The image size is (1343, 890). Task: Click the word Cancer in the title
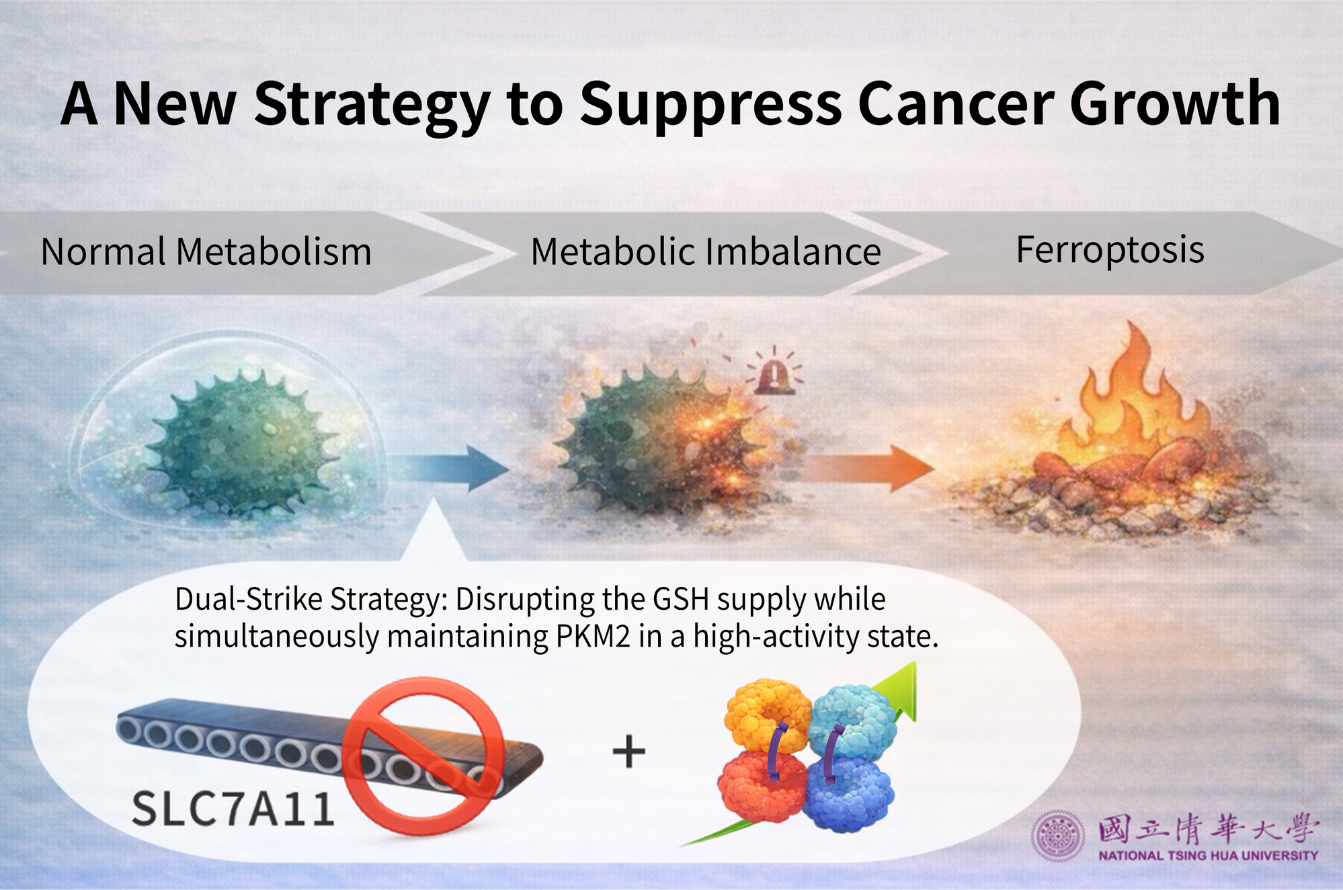956,104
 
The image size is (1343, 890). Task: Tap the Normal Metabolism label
206,252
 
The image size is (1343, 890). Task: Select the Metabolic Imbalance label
706,252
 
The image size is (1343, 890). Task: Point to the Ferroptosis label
1110,251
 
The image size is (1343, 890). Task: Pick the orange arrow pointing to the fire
867,468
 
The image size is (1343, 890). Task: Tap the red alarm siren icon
774,371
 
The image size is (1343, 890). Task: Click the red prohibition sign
423,756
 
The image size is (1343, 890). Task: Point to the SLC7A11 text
233,808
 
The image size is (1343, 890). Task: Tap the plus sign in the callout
629,751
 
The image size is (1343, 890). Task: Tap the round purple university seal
1058,836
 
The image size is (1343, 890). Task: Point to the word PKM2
594,636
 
